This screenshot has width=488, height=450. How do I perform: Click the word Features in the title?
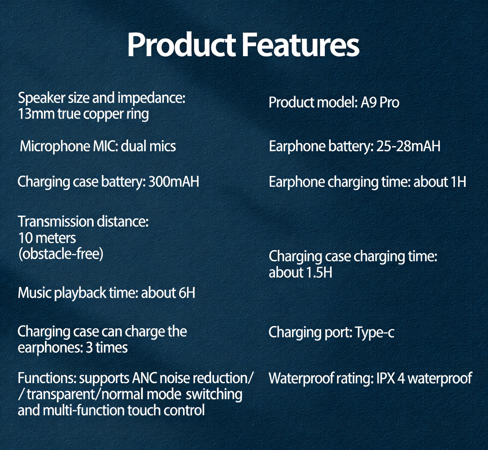click(x=301, y=45)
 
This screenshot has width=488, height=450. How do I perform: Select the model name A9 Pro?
click(x=380, y=102)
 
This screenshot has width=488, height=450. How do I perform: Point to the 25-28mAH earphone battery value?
click(x=408, y=146)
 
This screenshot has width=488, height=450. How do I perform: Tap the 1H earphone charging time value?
click(x=458, y=182)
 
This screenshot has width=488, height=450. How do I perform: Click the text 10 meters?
click(x=47, y=238)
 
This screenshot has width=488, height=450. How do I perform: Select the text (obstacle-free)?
click(x=60, y=254)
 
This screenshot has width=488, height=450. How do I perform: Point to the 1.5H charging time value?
click(x=317, y=272)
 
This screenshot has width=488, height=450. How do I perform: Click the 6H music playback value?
click(x=187, y=293)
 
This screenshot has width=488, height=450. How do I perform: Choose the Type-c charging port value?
click(x=375, y=332)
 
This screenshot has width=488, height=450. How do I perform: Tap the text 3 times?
click(x=107, y=348)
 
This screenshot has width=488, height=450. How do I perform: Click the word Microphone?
click(x=55, y=146)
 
